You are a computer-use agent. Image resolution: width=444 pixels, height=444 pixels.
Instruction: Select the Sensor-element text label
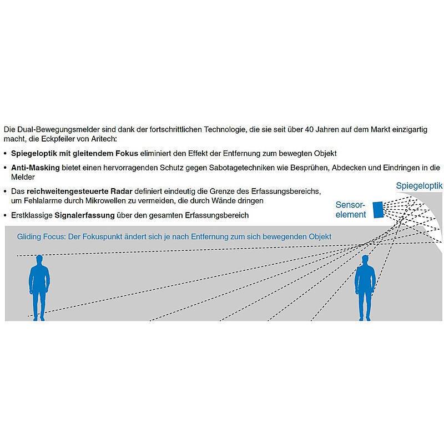pyautogui.click(x=351, y=210)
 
